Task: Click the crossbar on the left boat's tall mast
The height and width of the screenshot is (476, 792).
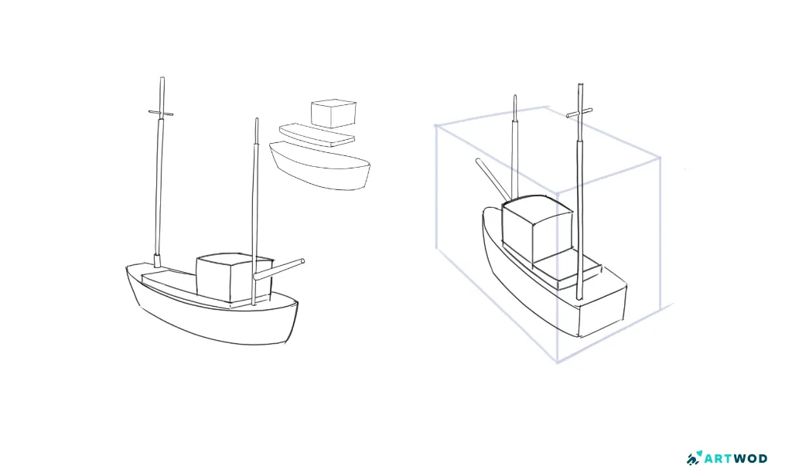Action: coord(161,114)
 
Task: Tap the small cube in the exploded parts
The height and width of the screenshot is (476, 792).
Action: coord(333,114)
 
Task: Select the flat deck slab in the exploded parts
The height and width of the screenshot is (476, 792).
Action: coord(317,135)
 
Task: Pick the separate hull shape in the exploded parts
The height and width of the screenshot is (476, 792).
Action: coord(320,166)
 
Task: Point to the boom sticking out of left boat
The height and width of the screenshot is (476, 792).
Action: coord(278,269)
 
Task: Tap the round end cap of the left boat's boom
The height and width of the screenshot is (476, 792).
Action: coord(302,261)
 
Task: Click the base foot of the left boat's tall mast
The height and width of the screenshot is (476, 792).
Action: coord(157,261)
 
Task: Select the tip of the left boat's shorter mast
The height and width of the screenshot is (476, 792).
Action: coord(257,120)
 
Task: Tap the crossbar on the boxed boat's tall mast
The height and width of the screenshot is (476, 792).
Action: coord(579,113)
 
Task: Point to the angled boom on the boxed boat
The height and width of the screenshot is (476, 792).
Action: coord(493,179)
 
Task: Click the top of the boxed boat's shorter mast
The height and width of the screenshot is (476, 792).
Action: coord(514,97)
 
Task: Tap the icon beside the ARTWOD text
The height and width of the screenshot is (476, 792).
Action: coord(695,457)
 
